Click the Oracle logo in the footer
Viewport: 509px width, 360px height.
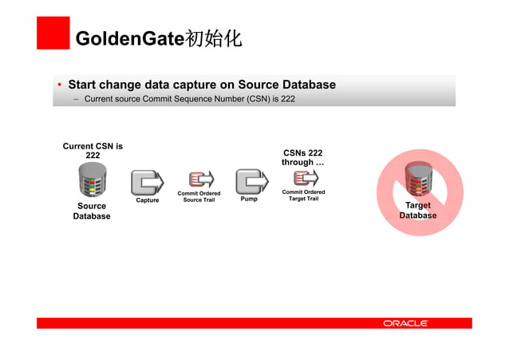[x=406, y=323]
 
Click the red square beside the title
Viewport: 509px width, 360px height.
[x=53, y=33]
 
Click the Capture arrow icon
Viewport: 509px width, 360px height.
[x=146, y=182]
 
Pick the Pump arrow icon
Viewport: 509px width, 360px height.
[x=251, y=182]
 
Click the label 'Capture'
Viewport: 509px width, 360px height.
[x=147, y=200]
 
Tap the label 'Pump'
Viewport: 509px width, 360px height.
[x=249, y=200]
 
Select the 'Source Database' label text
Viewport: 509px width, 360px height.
[x=92, y=212]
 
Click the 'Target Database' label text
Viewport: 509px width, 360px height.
[x=418, y=211]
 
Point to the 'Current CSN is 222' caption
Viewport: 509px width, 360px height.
[x=93, y=151]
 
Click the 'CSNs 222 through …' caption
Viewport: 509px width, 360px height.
[x=302, y=157]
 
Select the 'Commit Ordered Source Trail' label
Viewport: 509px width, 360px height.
[x=199, y=196]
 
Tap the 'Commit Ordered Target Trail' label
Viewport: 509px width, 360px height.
[x=303, y=196]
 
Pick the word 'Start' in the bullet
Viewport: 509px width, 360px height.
[x=84, y=85]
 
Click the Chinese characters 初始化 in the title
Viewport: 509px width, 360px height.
[x=213, y=39]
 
